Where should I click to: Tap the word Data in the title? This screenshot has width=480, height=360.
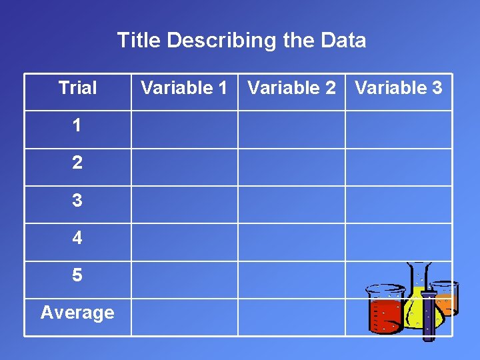click(x=343, y=41)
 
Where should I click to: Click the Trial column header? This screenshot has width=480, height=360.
click(x=77, y=88)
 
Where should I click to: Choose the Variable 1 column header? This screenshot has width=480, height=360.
click(x=184, y=88)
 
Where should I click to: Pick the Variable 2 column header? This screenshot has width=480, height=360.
click(x=291, y=88)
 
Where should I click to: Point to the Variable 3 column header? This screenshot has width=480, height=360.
click(x=399, y=88)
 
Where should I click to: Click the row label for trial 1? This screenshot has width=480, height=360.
click(x=77, y=125)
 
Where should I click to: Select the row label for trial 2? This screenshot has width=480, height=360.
click(x=77, y=163)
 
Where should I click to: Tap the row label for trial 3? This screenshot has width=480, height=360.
click(x=77, y=200)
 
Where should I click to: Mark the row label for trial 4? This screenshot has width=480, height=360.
click(x=77, y=237)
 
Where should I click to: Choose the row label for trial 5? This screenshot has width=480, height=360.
click(x=77, y=275)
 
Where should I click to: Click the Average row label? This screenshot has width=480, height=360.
click(x=77, y=312)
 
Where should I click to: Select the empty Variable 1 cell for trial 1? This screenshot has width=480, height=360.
click(x=184, y=129)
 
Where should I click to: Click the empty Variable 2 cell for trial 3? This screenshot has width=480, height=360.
click(x=291, y=204)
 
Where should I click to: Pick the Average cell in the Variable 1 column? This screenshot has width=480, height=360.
click(x=184, y=317)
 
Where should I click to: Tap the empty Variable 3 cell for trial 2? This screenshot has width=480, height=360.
click(x=399, y=167)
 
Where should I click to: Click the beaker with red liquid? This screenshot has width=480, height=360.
click(x=385, y=311)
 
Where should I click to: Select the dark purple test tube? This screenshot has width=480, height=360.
click(x=429, y=313)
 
